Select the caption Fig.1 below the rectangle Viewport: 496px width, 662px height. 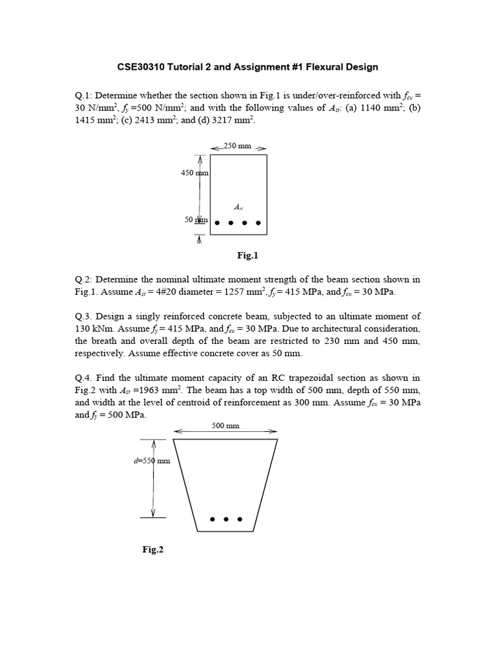point(247,255)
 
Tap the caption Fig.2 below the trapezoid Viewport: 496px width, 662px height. point(153,550)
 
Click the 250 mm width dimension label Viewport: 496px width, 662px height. point(237,146)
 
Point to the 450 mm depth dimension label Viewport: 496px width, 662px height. point(194,173)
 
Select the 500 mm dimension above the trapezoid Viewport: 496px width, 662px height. point(225,426)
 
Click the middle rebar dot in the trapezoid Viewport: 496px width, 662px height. point(226,518)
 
